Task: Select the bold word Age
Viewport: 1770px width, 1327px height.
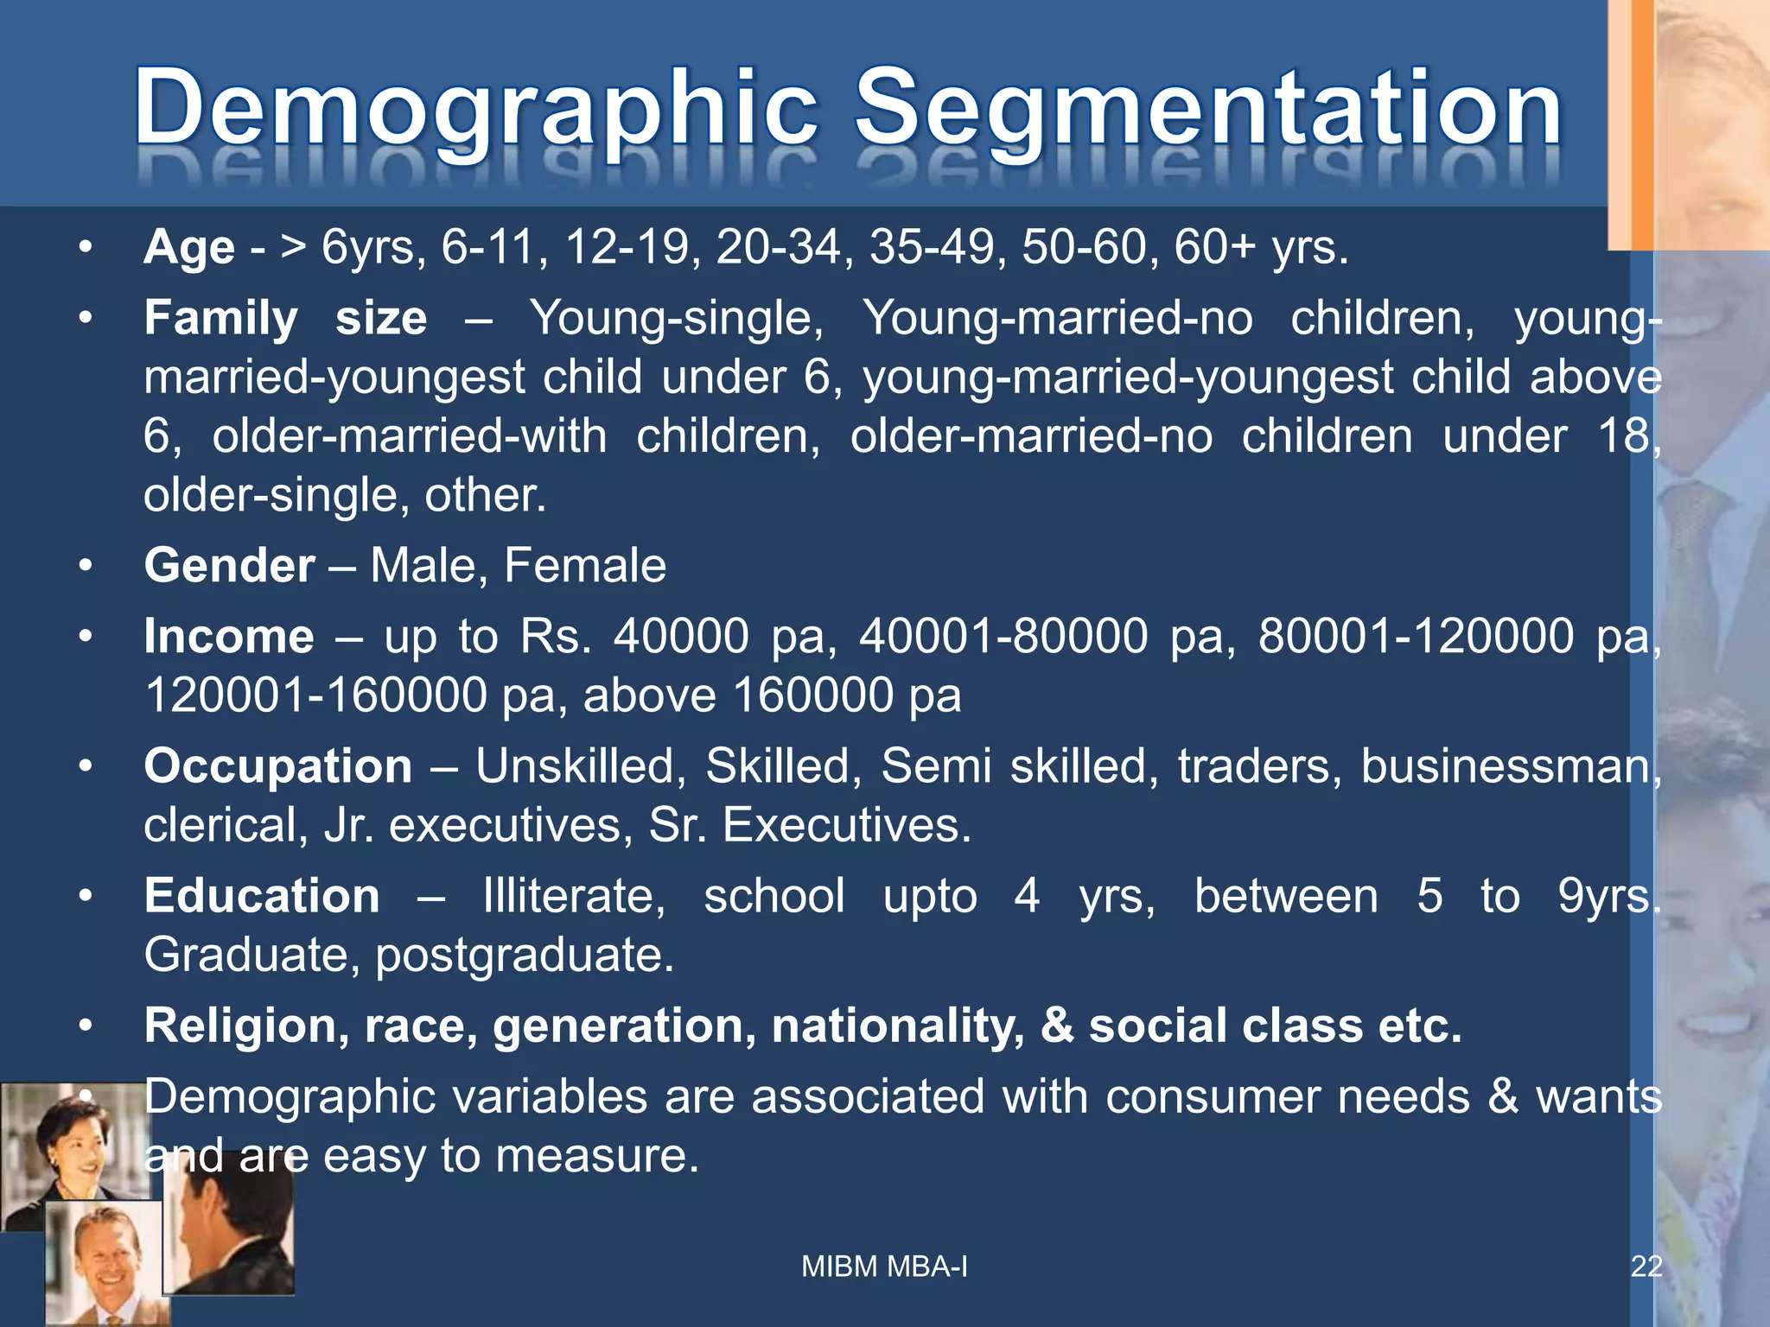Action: click(189, 248)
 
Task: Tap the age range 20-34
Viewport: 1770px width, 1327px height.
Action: click(778, 248)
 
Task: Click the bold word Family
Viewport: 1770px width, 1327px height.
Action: click(220, 318)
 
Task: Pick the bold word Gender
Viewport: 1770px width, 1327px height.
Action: click(229, 566)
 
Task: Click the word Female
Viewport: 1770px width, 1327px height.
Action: click(584, 566)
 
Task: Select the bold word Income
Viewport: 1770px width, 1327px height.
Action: click(229, 637)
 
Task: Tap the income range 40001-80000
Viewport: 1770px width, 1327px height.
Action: click(1003, 637)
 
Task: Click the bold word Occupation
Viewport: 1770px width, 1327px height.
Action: click(278, 766)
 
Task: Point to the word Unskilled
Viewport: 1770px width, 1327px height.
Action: click(580, 766)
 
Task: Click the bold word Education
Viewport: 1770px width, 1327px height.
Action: click(262, 896)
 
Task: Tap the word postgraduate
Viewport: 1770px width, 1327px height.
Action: click(525, 956)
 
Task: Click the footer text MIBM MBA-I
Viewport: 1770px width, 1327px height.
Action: click(884, 1267)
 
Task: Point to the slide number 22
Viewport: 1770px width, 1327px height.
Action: click(1646, 1267)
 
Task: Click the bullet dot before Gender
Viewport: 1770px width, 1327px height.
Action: click(85, 567)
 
